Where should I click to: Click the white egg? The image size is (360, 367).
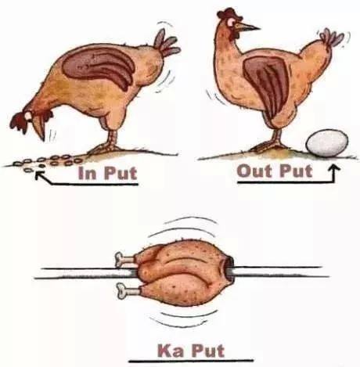coord(327,143)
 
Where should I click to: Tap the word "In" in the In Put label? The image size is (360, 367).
coord(87,173)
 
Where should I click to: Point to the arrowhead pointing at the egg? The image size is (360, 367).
coord(335,167)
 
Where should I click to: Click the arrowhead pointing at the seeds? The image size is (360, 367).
coord(39,175)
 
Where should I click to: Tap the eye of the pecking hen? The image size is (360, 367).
coord(28,116)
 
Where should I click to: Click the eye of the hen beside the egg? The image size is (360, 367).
coord(231,23)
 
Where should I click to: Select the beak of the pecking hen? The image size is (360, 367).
coord(40,128)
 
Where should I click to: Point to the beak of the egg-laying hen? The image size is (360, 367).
coord(247,27)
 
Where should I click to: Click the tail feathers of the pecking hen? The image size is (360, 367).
coord(167,43)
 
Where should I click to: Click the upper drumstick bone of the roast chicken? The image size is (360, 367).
coord(124,259)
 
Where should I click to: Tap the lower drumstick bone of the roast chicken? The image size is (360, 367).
coord(128,290)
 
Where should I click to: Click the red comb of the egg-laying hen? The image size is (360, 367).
coord(229,13)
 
